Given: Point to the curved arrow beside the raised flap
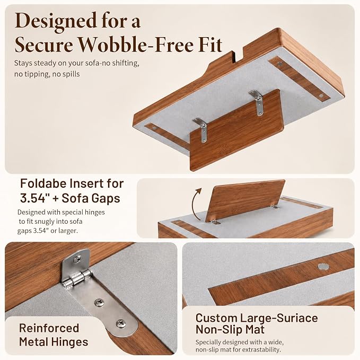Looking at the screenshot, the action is [x=196, y=204].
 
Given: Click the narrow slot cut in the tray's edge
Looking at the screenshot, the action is [x=234, y=57].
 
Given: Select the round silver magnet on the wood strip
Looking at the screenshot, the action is [x=322, y=267].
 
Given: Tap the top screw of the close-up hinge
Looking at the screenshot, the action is [x=78, y=259].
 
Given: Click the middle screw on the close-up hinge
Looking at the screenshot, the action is [x=100, y=302].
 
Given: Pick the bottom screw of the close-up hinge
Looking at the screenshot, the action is [x=121, y=323].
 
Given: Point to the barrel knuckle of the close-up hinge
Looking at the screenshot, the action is [x=77, y=279].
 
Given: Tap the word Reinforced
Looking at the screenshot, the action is [x=49, y=328].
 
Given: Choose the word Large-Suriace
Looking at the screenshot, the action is [x=279, y=319].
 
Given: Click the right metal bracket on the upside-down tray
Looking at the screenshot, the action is [x=257, y=102].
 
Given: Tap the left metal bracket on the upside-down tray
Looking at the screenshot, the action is [x=201, y=130].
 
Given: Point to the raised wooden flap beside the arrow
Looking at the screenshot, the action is [x=245, y=200].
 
